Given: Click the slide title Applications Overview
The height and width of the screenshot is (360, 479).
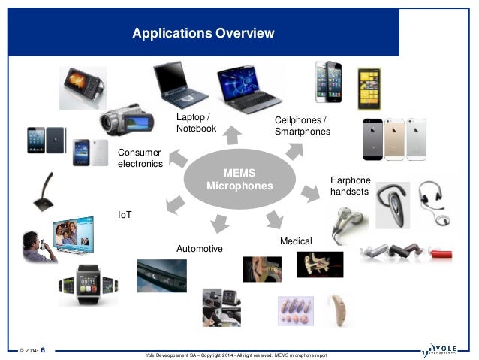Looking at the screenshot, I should click(x=203, y=33).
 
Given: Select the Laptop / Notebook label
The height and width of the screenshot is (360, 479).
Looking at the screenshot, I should click(x=196, y=123).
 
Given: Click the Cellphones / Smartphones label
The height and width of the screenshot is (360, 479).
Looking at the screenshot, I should click(x=302, y=126).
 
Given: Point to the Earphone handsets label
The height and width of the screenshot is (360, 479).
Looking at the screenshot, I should click(x=351, y=186).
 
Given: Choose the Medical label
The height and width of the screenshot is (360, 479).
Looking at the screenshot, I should click(x=295, y=241).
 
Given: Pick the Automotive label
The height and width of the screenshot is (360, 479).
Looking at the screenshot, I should click(x=199, y=248).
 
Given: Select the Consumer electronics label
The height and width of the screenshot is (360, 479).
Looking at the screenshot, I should click(x=140, y=158).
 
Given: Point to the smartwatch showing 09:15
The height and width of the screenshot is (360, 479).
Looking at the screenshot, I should click(x=89, y=286).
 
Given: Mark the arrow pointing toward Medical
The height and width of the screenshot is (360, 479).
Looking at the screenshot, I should click(x=273, y=219).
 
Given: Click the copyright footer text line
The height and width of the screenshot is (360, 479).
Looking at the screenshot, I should click(x=238, y=354).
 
